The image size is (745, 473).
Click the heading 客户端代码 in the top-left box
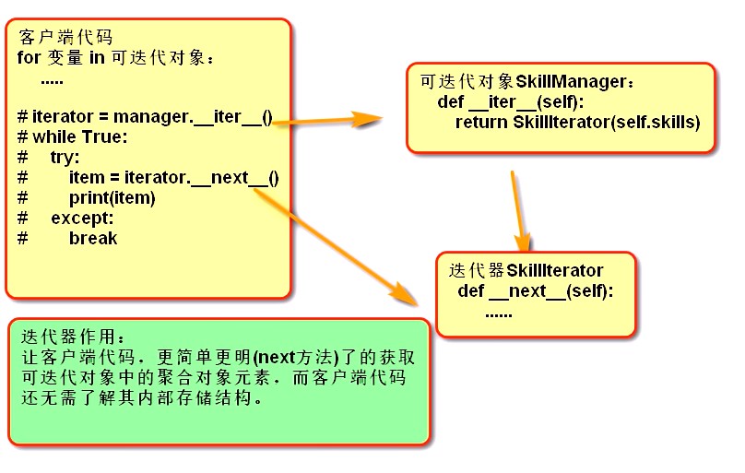[65, 37]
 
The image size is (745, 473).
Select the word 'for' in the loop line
[29, 57]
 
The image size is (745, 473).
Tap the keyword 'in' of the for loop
[97, 57]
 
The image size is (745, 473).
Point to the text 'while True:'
[80, 136]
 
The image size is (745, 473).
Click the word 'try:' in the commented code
[65, 157]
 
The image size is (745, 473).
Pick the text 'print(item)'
[112, 197]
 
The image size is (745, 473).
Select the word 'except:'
[83, 218]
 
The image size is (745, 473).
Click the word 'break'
[93, 238]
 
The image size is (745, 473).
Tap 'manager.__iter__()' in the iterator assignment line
[193, 117]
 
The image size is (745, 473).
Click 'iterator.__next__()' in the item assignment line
[201, 178]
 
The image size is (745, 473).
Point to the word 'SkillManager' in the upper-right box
[571, 81]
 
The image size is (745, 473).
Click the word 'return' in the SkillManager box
[481, 122]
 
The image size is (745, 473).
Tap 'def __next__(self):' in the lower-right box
[536, 290]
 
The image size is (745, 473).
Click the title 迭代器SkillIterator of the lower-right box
[526, 270]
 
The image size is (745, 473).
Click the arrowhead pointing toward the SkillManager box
[367, 119]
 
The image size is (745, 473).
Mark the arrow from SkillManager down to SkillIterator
[520, 211]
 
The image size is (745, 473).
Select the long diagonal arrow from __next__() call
[335, 247]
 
